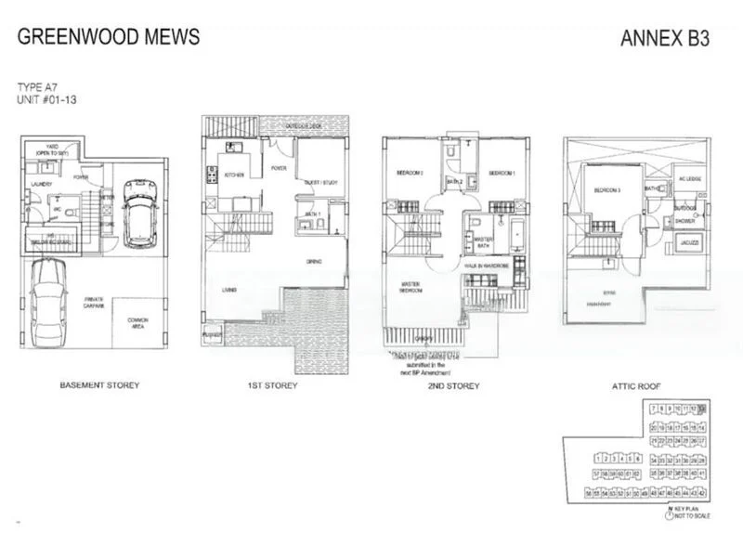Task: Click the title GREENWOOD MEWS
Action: (108, 38)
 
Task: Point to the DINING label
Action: (314, 263)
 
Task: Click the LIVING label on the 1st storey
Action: (228, 291)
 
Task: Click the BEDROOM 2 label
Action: (410, 173)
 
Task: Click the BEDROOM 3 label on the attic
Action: (608, 190)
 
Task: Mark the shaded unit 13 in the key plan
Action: (702, 409)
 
